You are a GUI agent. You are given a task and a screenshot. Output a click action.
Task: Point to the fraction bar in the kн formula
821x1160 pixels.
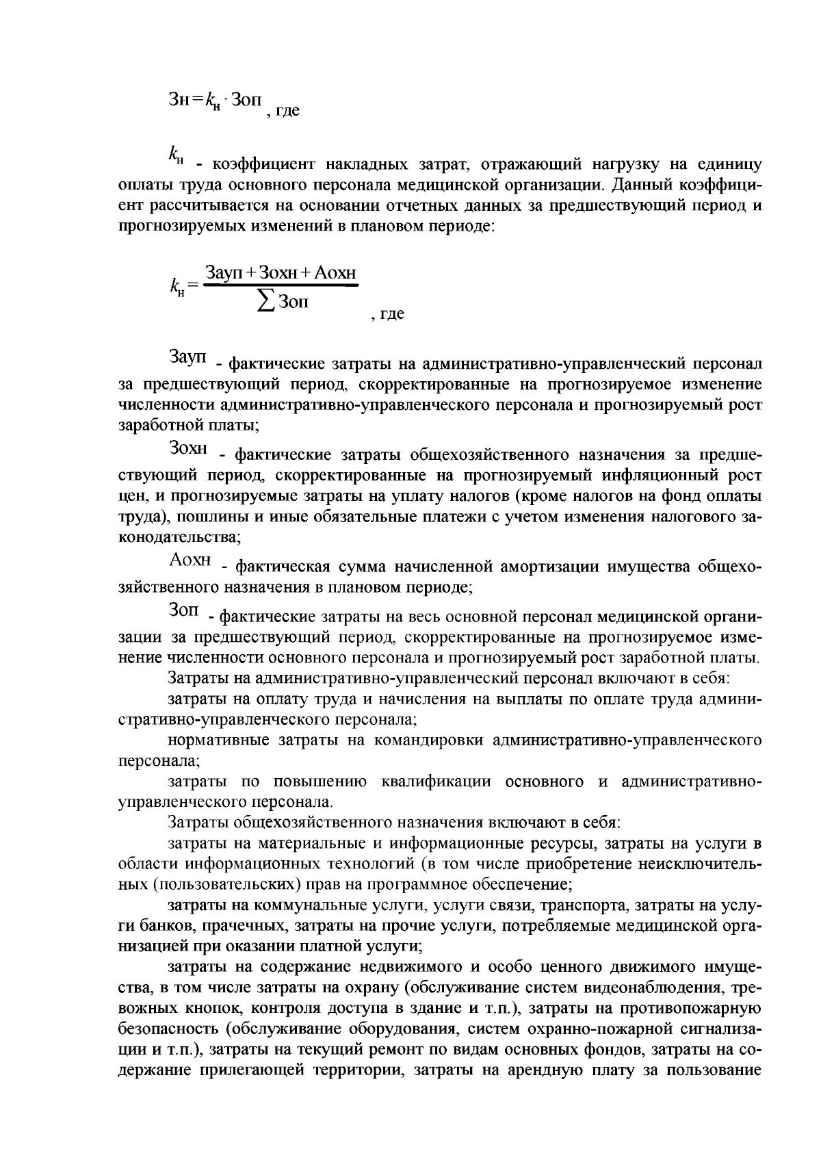(281, 286)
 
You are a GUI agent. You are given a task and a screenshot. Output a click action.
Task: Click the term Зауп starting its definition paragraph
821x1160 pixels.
(187, 356)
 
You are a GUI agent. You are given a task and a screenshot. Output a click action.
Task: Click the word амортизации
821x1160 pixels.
(560, 567)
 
